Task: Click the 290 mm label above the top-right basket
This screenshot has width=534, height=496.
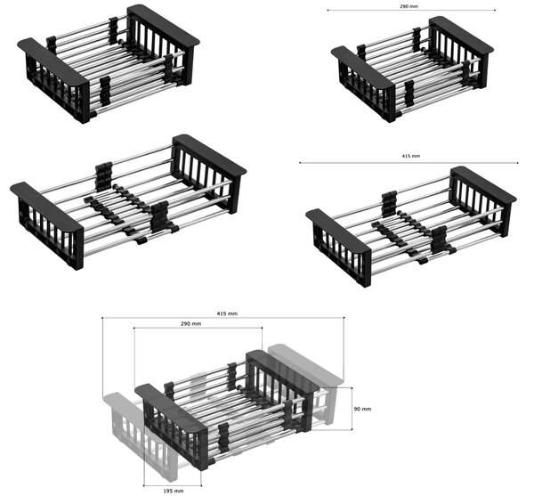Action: coord(409,6)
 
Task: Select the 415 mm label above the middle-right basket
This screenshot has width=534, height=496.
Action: coord(411,156)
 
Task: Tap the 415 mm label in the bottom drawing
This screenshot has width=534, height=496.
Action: coord(227,313)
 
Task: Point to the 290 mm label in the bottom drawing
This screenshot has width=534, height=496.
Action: coord(190,323)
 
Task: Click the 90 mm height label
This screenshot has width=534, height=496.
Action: coord(362,409)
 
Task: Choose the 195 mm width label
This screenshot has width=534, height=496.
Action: coord(174,491)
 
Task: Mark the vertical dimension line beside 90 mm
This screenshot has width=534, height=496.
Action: coord(352,409)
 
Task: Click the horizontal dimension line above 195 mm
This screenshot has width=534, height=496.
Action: coord(173,485)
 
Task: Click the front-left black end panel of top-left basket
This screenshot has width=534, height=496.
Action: coord(54,77)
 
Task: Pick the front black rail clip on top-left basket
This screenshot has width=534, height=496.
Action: coord(105,91)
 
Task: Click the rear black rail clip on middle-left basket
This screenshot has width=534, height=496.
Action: coord(103,176)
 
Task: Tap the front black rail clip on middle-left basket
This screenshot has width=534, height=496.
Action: coord(159,216)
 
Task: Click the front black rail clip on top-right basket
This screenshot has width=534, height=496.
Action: coord(409,94)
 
